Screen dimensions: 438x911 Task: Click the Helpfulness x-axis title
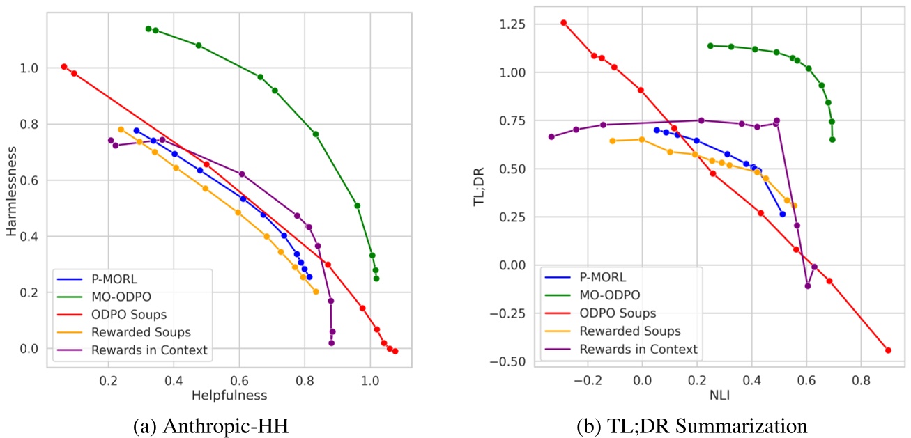[x=229, y=396]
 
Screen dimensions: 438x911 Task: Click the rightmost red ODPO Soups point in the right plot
[x=888, y=350]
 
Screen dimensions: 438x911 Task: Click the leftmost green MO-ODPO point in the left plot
[x=148, y=29]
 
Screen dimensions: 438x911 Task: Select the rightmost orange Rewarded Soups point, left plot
[x=316, y=292]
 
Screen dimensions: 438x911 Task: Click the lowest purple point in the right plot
[x=808, y=286]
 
